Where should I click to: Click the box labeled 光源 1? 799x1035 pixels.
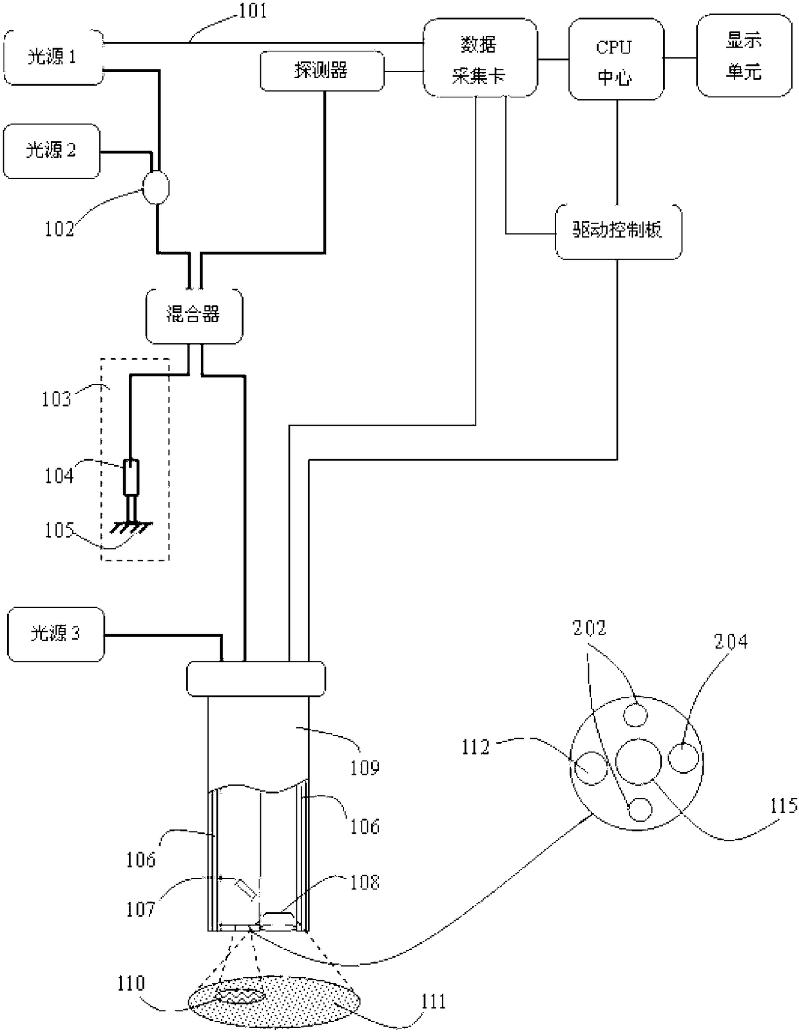coord(53,57)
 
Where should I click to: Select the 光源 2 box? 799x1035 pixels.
coord(51,151)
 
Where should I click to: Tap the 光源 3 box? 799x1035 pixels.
coord(55,634)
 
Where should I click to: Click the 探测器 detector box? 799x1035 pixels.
coord(322,70)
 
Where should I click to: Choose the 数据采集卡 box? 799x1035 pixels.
coord(480,58)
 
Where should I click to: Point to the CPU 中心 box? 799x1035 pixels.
coord(616,59)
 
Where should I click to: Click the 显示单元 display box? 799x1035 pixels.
coord(744,56)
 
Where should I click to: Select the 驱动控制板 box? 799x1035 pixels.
coord(618,232)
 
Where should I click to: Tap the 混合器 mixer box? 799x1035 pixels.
coord(194,316)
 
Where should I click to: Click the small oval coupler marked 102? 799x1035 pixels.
coord(157,187)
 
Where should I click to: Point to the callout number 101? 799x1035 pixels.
coord(252,10)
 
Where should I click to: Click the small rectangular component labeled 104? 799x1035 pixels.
coord(131,477)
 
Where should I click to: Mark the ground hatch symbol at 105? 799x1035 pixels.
coord(131,527)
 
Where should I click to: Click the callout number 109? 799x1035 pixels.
coord(365,767)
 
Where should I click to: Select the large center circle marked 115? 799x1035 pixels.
coord(638,762)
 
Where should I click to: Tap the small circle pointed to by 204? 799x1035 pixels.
coord(683,758)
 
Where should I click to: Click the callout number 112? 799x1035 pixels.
coord(476,747)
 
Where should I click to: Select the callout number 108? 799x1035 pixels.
coord(365,882)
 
